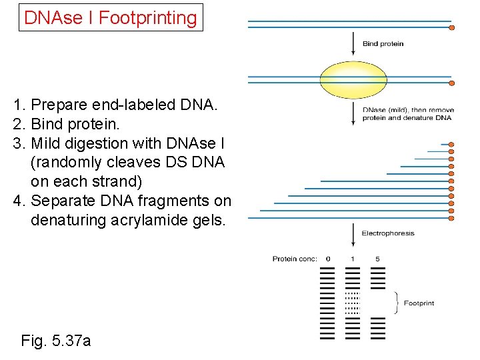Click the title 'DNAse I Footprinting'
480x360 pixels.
(x=111, y=18)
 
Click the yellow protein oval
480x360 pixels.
(x=353, y=79)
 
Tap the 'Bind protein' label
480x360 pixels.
(x=383, y=44)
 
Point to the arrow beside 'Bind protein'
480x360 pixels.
(x=353, y=44)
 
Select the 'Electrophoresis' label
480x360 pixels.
(x=387, y=233)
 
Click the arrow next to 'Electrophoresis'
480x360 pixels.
(x=353, y=234)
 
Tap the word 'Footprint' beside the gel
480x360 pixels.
(x=419, y=303)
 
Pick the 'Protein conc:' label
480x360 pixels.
(x=295, y=259)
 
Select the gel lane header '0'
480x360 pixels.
(x=328, y=259)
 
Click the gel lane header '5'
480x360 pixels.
(x=377, y=259)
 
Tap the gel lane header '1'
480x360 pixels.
(x=353, y=259)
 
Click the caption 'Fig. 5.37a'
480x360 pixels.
(x=56, y=341)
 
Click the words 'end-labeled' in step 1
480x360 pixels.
(x=123, y=105)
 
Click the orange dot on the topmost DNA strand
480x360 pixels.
(x=451, y=27)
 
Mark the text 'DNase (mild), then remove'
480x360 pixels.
(x=408, y=110)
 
